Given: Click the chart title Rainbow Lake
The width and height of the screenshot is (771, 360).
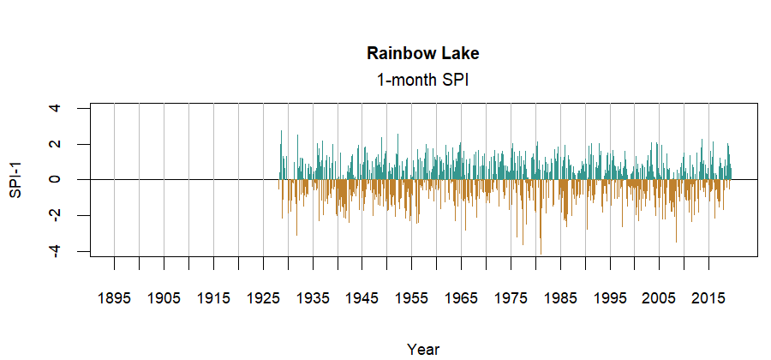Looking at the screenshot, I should click(x=422, y=53).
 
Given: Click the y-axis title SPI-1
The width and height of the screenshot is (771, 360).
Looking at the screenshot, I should click(x=15, y=180).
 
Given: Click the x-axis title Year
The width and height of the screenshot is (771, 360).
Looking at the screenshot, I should click(x=423, y=349).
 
